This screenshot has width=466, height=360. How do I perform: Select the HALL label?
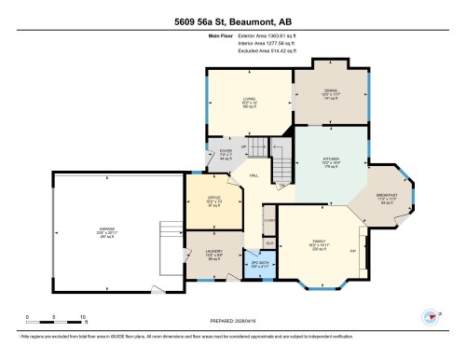click(254, 174)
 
